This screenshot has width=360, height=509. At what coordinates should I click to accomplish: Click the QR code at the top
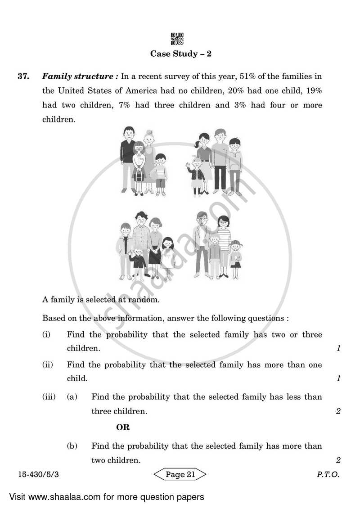(177, 39)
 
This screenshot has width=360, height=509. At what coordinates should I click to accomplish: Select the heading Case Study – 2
(180, 54)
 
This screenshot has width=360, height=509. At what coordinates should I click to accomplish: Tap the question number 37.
(23, 77)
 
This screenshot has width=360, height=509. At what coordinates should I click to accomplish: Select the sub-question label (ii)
(47, 365)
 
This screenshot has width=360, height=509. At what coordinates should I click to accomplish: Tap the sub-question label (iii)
(49, 397)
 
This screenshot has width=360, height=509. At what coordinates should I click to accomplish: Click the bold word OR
(123, 428)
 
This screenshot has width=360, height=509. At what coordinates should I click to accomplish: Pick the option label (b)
(72, 446)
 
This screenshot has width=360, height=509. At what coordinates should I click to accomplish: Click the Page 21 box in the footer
(180, 474)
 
